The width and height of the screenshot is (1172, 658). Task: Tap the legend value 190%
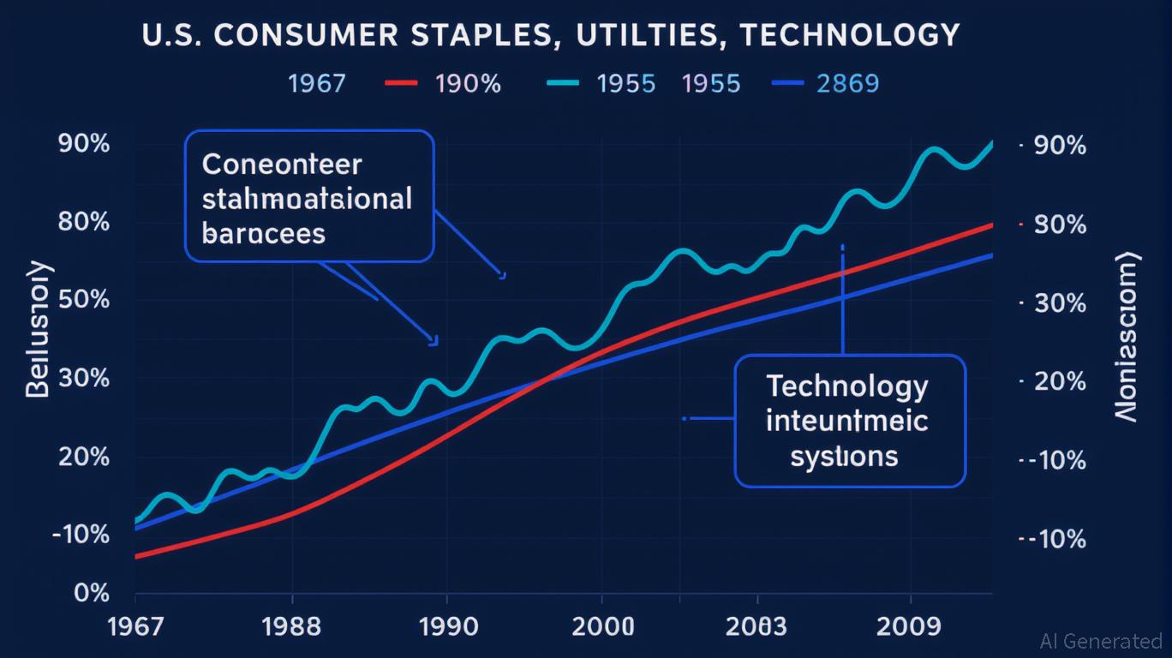tap(468, 84)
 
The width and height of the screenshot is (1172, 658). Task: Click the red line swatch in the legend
tap(402, 84)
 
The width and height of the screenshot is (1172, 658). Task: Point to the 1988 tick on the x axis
tap(291, 626)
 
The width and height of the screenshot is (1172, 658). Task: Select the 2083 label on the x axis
tap(755, 626)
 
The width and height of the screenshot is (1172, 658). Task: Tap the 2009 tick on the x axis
tap(910, 626)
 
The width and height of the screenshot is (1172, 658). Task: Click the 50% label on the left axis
tap(84, 301)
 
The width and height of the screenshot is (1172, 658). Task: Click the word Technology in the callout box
tap(846, 387)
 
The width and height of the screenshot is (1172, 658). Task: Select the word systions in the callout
tap(844, 456)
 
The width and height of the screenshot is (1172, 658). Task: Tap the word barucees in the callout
tap(264, 233)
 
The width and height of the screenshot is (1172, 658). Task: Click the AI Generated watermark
tap(1100, 641)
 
